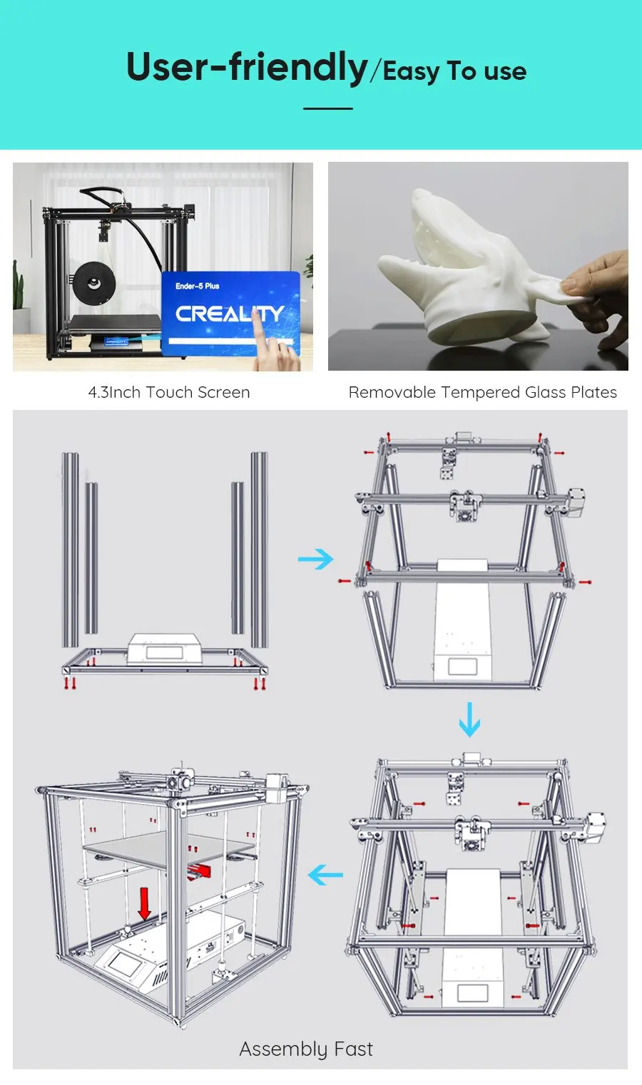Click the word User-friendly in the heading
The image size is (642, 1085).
click(x=246, y=68)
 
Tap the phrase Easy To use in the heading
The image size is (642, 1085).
click(x=454, y=71)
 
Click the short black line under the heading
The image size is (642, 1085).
click(x=328, y=108)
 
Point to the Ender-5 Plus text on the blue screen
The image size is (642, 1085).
click(x=198, y=286)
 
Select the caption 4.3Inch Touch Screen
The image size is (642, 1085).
click(x=169, y=392)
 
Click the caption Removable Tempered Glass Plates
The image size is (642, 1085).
click(x=482, y=392)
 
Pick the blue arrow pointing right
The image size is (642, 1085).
click(x=315, y=559)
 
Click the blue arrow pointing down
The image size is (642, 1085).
click(x=469, y=720)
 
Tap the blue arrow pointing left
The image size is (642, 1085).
click(x=325, y=875)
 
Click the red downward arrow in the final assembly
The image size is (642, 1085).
click(x=144, y=903)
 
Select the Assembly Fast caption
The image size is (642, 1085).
click(x=306, y=1049)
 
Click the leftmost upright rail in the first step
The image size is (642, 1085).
click(x=70, y=549)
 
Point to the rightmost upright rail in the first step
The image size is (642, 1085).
click(x=259, y=549)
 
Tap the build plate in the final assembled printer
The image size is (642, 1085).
click(x=168, y=848)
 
